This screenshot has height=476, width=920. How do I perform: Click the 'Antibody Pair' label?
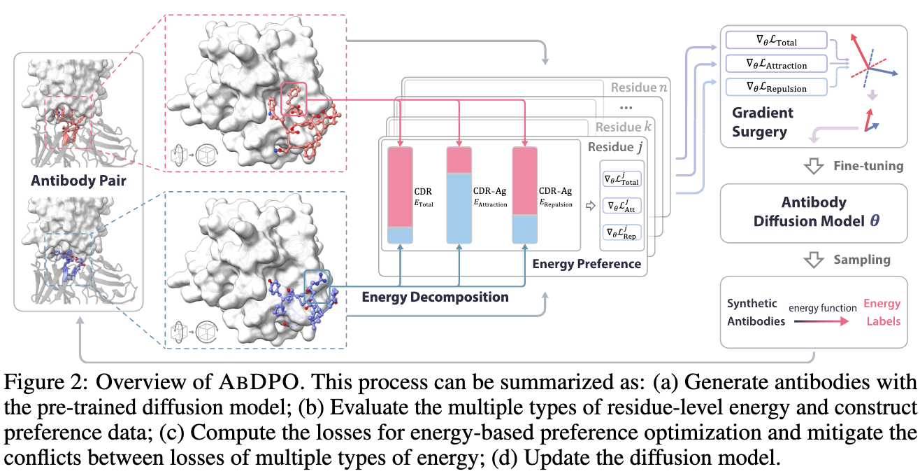tap(78, 181)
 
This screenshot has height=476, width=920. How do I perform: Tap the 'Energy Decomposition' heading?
tap(435, 297)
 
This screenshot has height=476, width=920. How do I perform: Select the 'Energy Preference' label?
tap(587, 264)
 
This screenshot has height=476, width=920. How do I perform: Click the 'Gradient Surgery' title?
tap(763, 122)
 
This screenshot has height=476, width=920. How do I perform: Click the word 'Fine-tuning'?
tap(869, 167)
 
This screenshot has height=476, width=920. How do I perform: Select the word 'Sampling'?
tap(861, 260)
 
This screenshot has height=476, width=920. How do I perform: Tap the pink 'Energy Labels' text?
tap(882, 313)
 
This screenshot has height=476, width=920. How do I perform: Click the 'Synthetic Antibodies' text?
tap(752, 312)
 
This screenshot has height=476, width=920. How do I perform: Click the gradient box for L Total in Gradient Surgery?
tap(776, 41)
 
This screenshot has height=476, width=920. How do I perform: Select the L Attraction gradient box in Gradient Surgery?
tap(776, 64)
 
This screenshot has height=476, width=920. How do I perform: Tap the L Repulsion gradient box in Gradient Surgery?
tap(776, 87)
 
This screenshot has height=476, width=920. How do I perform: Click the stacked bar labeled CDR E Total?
tap(401, 195)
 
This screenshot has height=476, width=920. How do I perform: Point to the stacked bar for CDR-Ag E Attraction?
tap(459, 195)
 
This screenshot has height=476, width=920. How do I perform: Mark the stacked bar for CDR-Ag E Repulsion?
tap(524, 195)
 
